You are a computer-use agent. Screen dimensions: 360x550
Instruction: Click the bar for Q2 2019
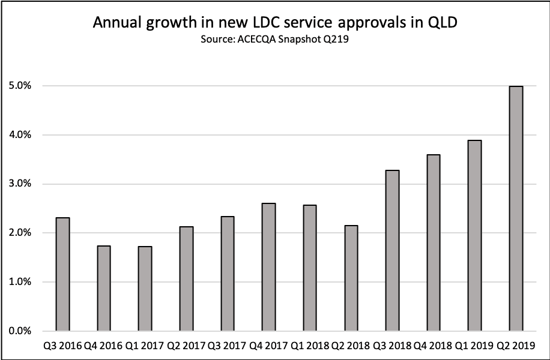[x=515, y=208]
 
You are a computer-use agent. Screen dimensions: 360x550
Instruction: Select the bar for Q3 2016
[x=62, y=274]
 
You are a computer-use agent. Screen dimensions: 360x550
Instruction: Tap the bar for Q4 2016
[x=103, y=288]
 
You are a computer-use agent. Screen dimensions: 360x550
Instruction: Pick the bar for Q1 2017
[x=145, y=288]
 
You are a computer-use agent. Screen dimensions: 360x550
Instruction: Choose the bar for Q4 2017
[x=268, y=267]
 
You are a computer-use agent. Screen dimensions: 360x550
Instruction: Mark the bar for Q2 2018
[x=351, y=278]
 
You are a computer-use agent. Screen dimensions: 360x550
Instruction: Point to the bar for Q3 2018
[x=392, y=250]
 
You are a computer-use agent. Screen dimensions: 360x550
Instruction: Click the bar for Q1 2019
[x=474, y=235]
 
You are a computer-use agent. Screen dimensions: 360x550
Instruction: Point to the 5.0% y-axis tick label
[x=21, y=86]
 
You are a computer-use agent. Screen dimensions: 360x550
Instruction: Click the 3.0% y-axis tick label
[x=21, y=184]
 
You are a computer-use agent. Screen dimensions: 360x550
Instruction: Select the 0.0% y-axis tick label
[x=21, y=331]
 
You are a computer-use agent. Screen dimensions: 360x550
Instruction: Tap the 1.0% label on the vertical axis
[x=21, y=282]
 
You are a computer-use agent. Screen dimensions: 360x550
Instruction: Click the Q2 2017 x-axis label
[x=186, y=346]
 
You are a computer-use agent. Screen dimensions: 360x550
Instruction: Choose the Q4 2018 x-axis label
[x=433, y=346]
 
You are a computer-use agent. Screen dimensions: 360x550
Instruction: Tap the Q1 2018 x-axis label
[x=309, y=346]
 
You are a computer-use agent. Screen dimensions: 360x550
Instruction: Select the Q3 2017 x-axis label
[x=227, y=346]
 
